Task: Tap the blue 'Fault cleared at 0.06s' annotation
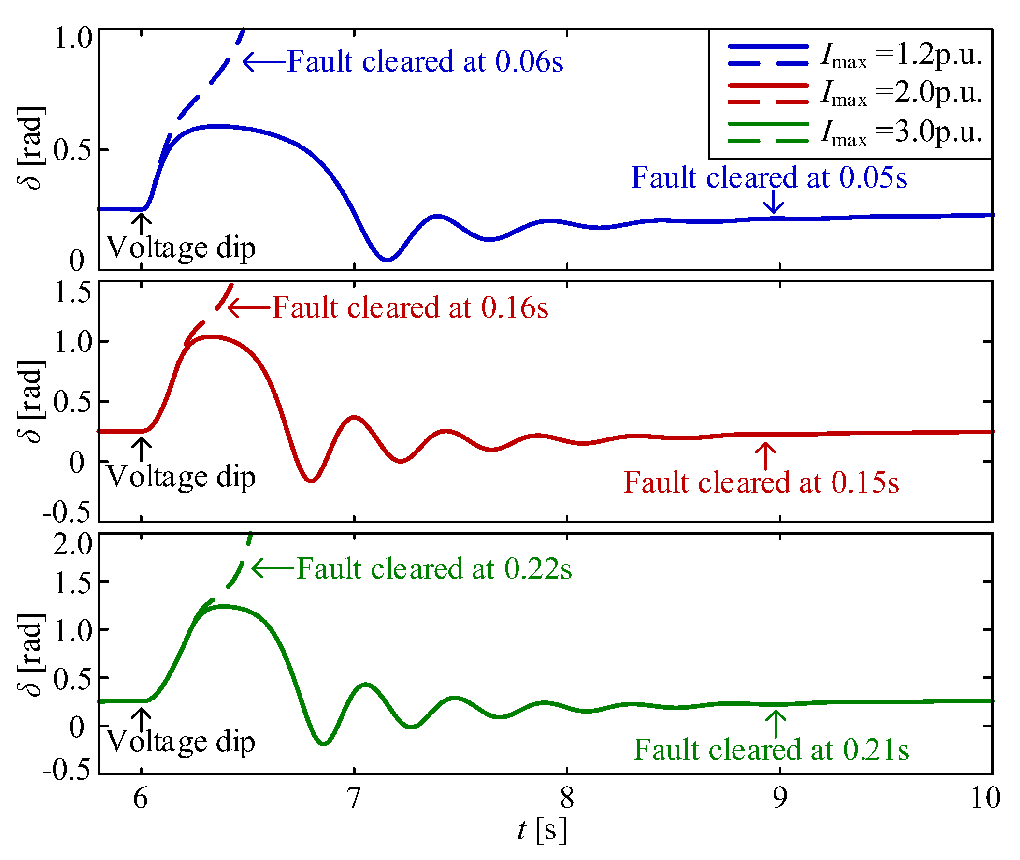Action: pos(425,62)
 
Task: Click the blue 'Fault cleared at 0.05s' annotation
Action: pos(769,177)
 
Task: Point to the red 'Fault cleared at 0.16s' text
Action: pos(410,308)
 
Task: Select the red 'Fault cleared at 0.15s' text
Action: pos(761,482)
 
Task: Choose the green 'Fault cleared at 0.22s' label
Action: pos(434,569)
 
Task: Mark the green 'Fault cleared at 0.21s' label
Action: pos(772,750)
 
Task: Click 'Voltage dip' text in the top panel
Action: pos(181,248)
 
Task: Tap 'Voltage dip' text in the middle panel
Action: pos(181,477)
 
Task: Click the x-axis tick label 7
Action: pos(354,798)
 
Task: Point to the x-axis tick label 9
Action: pos(780,798)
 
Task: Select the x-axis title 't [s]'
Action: pos(543,830)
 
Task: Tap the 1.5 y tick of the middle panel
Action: pos(72,292)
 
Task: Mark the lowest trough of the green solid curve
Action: pos(324,744)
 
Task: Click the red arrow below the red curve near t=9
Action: pos(765,456)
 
